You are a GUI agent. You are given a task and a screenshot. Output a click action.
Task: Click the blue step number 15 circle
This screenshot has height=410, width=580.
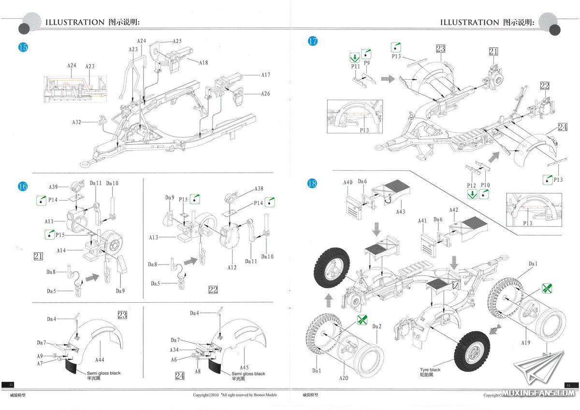pyautogui.click(x=23, y=47)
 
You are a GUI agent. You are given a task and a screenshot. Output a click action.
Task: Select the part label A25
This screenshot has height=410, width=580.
pyautogui.click(x=177, y=41)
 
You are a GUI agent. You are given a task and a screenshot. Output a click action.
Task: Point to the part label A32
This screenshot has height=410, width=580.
pyautogui.click(x=77, y=122)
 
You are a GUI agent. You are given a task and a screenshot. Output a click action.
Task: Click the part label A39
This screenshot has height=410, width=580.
pyautogui.click(x=53, y=187)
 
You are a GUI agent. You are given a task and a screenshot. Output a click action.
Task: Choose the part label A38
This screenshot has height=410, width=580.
pyautogui.click(x=259, y=189)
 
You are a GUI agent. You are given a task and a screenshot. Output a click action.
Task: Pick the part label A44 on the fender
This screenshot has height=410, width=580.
pyautogui.click(x=100, y=360)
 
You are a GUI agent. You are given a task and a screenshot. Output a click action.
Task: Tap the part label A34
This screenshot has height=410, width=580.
pyautogui.click(x=174, y=350)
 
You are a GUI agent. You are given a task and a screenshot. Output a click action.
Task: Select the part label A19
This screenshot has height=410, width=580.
pyautogui.click(x=526, y=342)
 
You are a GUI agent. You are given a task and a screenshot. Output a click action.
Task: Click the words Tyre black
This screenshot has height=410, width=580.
pyautogui.click(x=430, y=370)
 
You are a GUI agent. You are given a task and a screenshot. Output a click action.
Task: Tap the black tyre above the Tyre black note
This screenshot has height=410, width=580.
pyautogui.click(x=472, y=351)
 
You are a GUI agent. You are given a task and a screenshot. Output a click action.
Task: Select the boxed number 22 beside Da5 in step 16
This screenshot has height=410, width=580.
pyautogui.click(x=213, y=290)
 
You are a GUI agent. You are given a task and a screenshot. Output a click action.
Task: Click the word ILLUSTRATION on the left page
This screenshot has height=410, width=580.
pyautogui.click(x=74, y=22)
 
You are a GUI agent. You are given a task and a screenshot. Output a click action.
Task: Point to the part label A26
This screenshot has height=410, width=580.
pyautogui.click(x=265, y=94)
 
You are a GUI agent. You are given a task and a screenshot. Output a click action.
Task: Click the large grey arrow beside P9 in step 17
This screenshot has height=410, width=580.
pyautogui.click(x=387, y=78)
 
